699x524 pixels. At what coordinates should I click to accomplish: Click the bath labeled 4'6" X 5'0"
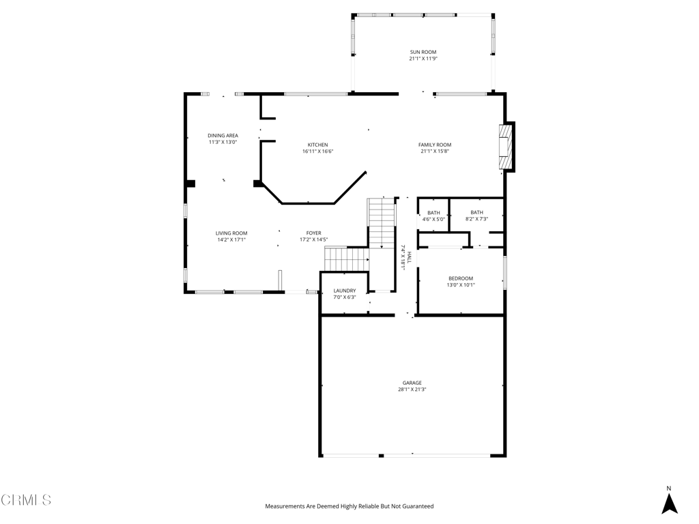pos(433,216)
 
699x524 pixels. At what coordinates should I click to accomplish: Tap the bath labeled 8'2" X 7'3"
pos(476,215)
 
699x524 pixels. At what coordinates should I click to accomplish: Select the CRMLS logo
pos(26,500)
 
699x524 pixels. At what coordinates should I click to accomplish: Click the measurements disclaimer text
pos(349,506)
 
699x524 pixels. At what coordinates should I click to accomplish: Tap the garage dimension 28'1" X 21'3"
pos(412,390)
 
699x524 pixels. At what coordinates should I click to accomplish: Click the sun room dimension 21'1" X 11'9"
pos(423,59)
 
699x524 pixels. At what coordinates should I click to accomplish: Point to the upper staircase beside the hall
pos(382,223)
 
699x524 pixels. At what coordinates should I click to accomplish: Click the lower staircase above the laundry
pos(346,259)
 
